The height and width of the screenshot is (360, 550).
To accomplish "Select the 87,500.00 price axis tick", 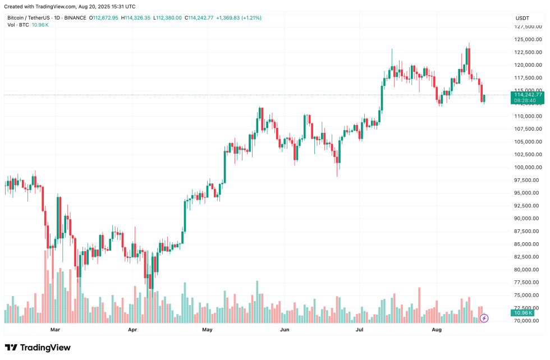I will point(529,231).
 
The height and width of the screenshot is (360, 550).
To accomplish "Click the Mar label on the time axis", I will point(55,330).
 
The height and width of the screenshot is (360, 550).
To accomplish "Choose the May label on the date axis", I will point(207,330).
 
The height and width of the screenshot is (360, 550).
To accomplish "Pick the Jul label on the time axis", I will point(360,330).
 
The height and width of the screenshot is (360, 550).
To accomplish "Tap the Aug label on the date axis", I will point(437,330).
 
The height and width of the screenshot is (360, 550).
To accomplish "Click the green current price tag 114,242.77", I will point(528,95).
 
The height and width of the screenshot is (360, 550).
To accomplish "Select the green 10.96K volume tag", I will point(526,312).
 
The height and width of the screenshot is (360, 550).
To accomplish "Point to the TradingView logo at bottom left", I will point(38,348).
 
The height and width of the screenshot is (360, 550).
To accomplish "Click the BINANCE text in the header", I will point(75,18).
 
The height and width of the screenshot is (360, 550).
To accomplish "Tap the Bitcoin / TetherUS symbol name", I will point(28,18).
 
